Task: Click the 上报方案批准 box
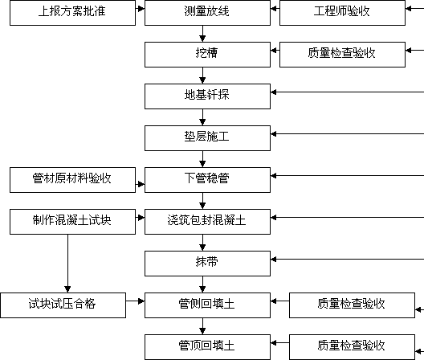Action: pyautogui.click(x=72, y=13)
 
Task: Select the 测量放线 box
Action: pyautogui.click(x=207, y=13)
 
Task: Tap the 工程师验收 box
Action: pyautogui.click(x=342, y=13)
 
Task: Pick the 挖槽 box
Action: pyautogui.click(x=207, y=55)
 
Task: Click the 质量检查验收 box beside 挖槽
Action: pyautogui.click(x=342, y=55)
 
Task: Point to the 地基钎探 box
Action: pyautogui.click(x=207, y=96)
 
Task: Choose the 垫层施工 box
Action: pyautogui.click(x=207, y=138)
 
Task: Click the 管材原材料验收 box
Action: pyautogui.click(x=72, y=180)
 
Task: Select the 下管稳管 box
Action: pyautogui.click(x=207, y=180)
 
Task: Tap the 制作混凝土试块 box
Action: pyautogui.click(x=72, y=222)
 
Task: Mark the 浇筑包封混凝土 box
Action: pyautogui.click(x=207, y=222)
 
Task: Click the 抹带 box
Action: pyautogui.click(x=207, y=264)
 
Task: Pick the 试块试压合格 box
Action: pyautogui.click(x=63, y=305)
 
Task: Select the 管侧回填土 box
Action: pyautogui.click(x=207, y=305)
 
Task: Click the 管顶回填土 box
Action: pyautogui.click(x=207, y=347)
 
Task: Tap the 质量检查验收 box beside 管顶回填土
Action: pyautogui.click(x=352, y=347)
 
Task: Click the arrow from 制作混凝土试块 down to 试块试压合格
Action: pyautogui.click(x=67, y=264)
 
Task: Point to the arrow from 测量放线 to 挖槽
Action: pyautogui.click(x=202, y=34)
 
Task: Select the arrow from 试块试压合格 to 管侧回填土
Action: pyautogui.click(x=135, y=301)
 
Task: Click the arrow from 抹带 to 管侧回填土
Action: pyautogui.click(x=202, y=284)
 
